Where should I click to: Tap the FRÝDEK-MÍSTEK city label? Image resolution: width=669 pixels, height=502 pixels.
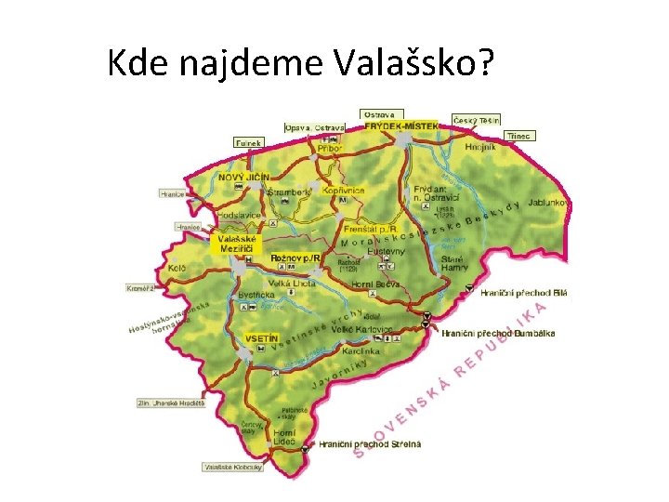point(400,125)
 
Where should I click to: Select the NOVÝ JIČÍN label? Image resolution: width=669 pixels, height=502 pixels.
point(243,177)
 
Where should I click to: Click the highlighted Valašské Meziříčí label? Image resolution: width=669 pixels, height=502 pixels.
point(237,243)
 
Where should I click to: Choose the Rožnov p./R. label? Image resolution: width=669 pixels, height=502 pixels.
point(295,258)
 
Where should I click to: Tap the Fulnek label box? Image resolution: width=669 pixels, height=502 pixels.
point(248,143)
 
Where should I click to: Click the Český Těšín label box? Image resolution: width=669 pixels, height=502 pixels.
point(477,120)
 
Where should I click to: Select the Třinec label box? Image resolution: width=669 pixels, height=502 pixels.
point(519,136)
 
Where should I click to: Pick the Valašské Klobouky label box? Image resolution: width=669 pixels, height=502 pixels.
point(232,467)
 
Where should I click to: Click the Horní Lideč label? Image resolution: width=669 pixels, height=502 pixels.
point(283,437)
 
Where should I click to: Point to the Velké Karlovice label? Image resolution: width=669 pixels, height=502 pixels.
point(369,329)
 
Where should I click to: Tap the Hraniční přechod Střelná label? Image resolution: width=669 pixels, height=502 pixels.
point(370,444)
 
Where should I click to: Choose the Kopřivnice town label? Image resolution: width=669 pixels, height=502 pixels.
point(344,190)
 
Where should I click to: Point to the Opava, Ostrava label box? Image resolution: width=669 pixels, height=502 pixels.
point(314,126)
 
